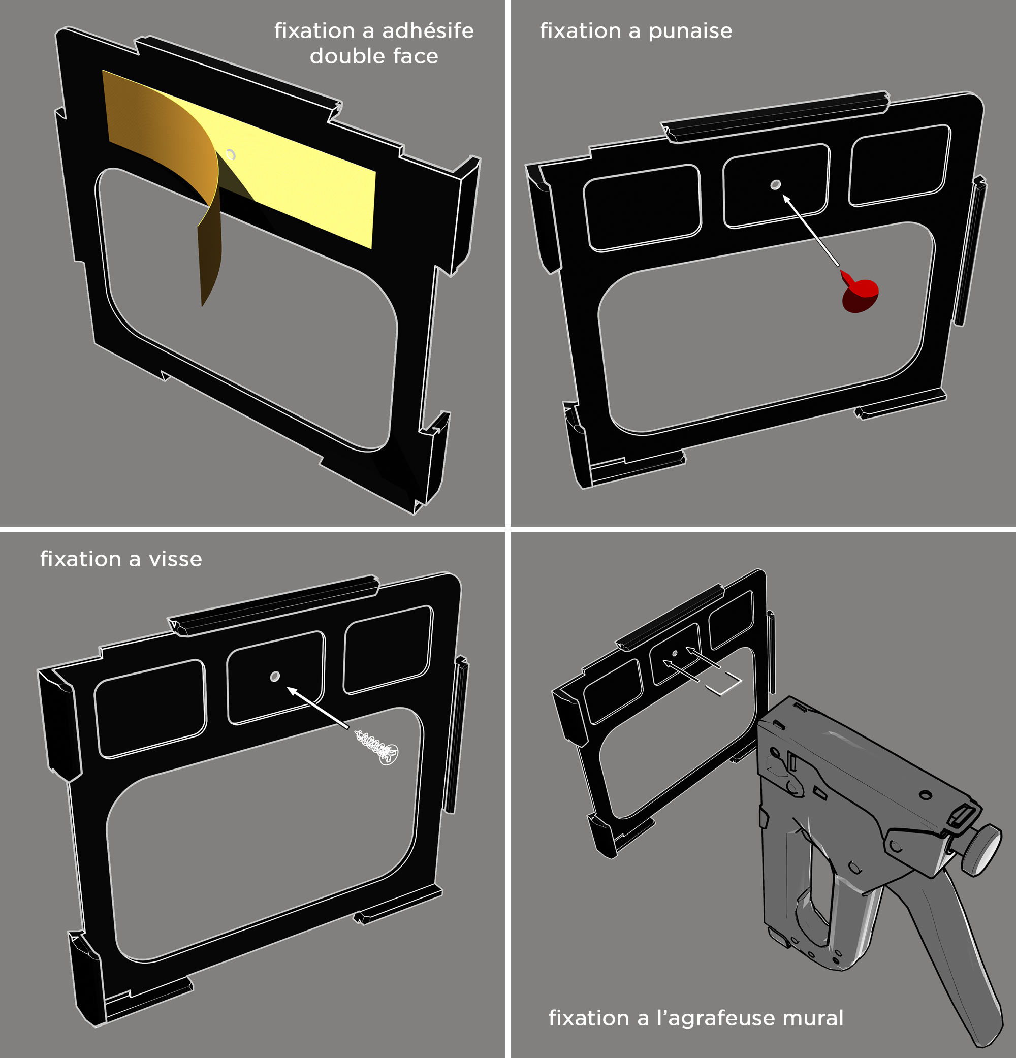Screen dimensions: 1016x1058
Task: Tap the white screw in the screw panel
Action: point(377,747)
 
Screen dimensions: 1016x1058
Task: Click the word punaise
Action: point(690,32)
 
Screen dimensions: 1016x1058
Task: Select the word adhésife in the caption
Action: point(428,31)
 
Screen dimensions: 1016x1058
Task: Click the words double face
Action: point(373,56)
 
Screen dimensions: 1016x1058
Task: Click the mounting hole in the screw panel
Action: point(275,677)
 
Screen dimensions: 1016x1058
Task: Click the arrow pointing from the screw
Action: point(317,707)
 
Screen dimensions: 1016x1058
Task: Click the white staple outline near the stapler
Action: point(724,685)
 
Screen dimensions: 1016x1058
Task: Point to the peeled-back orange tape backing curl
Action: point(178,178)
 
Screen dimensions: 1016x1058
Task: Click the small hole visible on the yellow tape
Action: point(231,155)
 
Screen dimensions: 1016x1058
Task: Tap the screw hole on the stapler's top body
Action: point(925,794)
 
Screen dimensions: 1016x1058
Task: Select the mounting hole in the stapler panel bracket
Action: point(674,654)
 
